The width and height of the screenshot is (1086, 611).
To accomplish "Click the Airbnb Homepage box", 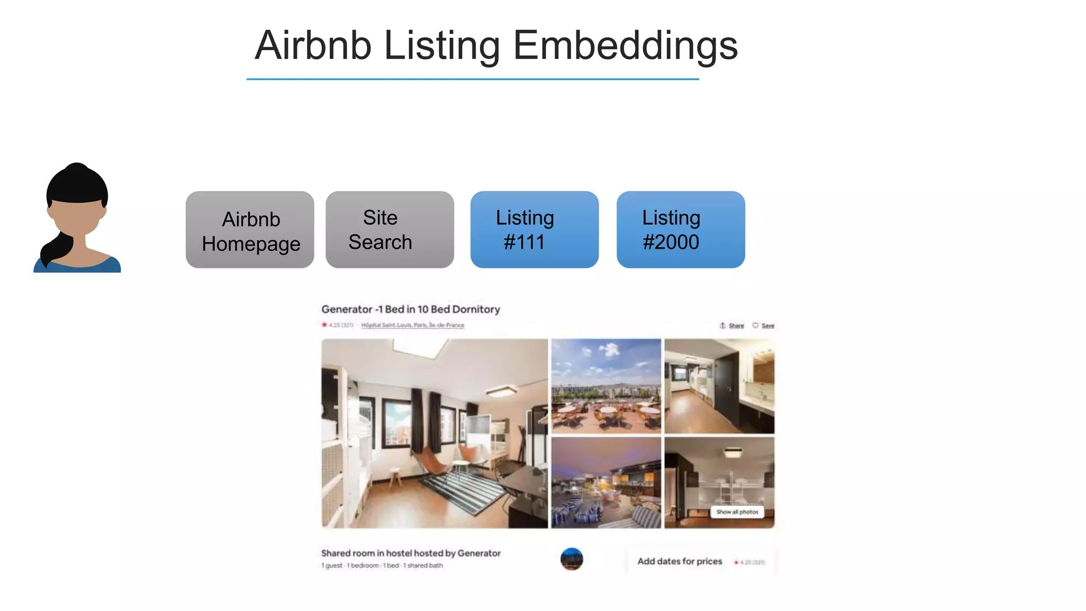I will tap(250, 230).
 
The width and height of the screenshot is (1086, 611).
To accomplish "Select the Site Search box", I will tap(390, 230).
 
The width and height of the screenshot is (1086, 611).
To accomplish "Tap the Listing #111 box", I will tap(535, 230).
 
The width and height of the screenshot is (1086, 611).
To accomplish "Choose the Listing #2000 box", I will tap(681, 230).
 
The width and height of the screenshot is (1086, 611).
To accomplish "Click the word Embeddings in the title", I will tap(625, 46).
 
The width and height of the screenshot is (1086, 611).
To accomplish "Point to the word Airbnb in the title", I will tap(313, 46).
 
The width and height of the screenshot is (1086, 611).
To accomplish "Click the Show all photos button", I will tap(737, 512).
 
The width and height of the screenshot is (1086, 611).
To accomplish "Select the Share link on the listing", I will tap(735, 326).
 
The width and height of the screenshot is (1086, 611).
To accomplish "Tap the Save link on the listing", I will tap(767, 326).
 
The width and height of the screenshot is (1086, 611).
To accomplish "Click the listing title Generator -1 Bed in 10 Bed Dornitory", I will tap(410, 309).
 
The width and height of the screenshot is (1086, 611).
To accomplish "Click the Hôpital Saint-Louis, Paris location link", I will tap(413, 325).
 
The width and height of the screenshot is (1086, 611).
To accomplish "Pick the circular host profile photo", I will tap(572, 559).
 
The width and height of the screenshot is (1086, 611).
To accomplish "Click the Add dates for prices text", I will tap(679, 561).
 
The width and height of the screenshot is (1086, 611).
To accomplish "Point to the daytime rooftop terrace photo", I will tap(606, 386).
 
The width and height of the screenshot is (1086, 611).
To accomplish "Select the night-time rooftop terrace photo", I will tap(606, 483).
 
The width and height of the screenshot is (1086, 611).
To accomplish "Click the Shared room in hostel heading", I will tap(410, 553).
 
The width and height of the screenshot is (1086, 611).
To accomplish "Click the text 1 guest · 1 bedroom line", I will tap(382, 565).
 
